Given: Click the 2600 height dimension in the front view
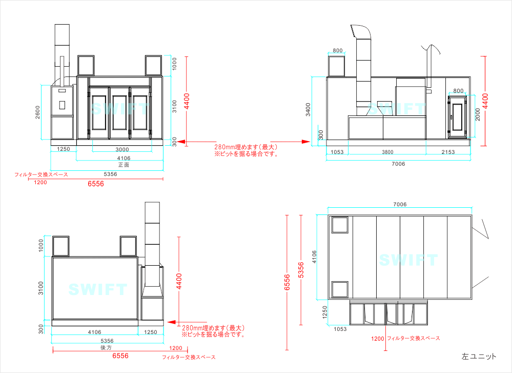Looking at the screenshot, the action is click(37, 112).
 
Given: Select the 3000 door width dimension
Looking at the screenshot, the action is click(122, 149).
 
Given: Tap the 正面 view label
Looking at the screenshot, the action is click(124, 165).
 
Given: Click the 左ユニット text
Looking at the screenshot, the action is click(479, 357).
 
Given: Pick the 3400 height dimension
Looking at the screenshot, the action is click(308, 109).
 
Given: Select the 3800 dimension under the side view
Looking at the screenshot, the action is click(387, 152).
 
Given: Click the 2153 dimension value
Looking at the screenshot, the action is click(448, 152).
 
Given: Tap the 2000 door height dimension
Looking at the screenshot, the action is click(478, 114).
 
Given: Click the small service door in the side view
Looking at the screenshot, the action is click(457, 116).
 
